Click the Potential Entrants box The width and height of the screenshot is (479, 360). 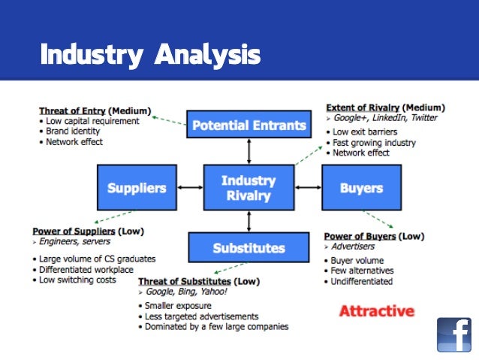249,125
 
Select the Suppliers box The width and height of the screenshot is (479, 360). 136,188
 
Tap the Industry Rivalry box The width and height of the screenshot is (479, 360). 249,188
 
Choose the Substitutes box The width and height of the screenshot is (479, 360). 249,247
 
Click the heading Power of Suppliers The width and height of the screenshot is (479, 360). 74,231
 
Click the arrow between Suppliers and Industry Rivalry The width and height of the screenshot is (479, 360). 191,188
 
